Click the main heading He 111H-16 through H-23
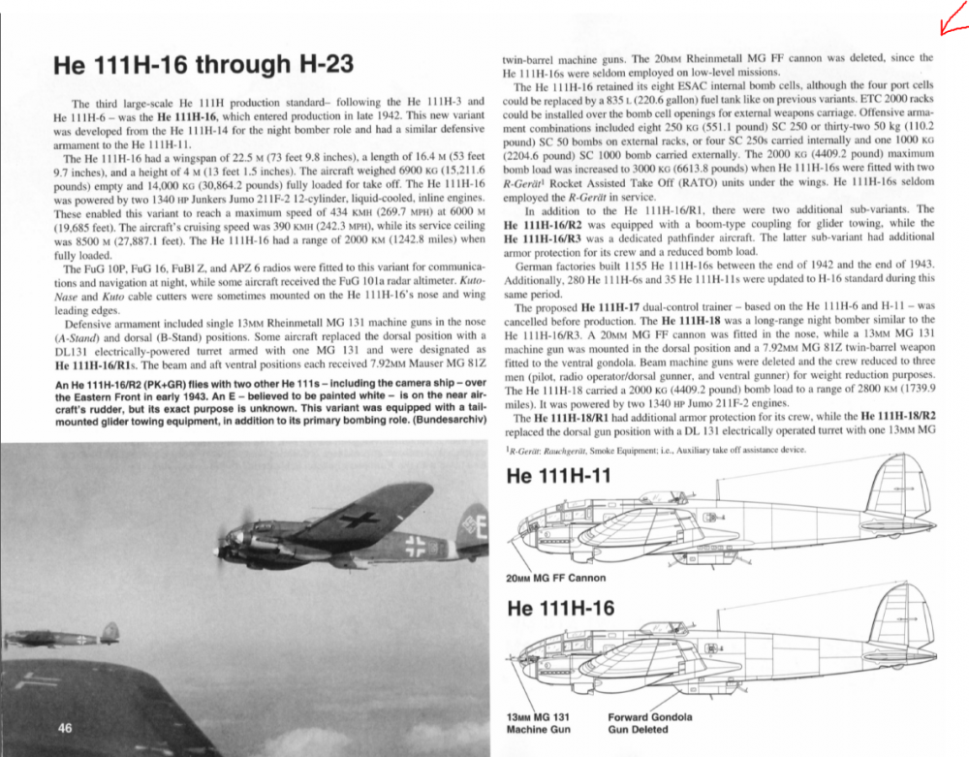point(203,66)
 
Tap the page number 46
point(67,729)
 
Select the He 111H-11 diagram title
point(559,477)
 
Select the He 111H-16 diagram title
point(559,609)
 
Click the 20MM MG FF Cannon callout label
point(555,578)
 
